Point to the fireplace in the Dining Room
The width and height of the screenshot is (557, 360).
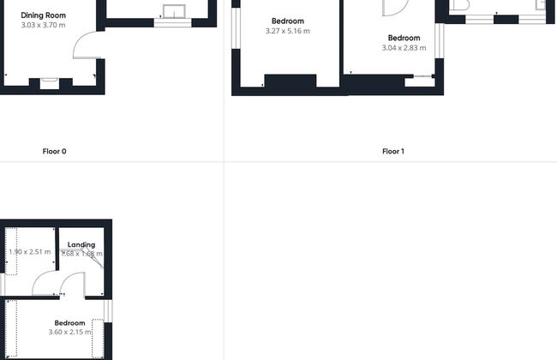point(50,82)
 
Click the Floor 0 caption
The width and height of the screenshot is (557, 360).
point(54,152)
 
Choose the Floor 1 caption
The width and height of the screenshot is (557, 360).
point(392,152)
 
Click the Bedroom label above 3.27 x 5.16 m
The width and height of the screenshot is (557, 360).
point(288,21)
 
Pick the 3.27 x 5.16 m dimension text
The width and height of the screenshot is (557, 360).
point(288,31)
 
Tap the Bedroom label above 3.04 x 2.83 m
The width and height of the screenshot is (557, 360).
point(404,38)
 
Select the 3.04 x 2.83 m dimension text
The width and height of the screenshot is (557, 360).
point(404,48)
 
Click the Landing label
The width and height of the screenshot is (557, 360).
point(81,244)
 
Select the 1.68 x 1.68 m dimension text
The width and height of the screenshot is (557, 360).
point(82,254)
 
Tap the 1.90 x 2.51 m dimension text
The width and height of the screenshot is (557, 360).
point(30,252)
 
